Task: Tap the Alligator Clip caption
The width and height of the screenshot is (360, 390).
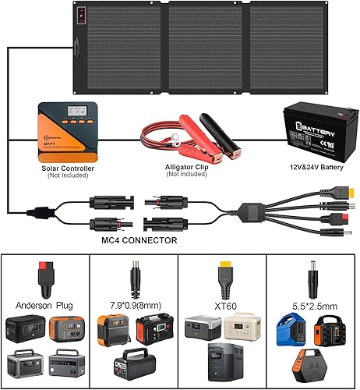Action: click(x=185, y=166)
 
